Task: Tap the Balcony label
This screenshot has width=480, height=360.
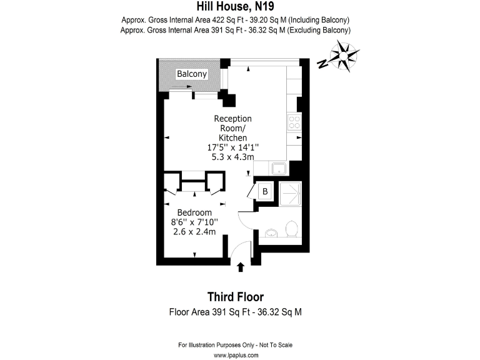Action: pyautogui.click(x=191, y=74)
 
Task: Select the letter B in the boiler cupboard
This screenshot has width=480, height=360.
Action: pyautogui.click(x=264, y=191)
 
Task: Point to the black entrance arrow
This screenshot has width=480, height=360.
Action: pyautogui.click(x=241, y=267)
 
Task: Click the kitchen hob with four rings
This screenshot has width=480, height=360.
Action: pyautogui.click(x=294, y=121)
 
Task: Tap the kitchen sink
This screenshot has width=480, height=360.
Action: pyautogui.click(x=277, y=168)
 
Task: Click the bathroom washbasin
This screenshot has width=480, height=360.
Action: pyautogui.click(x=270, y=234)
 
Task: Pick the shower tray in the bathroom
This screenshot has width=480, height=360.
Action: pyautogui.click(x=289, y=194)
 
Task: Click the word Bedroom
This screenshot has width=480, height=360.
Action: pyautogui.click(x=194, y=212)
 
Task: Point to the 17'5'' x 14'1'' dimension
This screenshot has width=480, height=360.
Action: pyautogui.click(x=232, y=147)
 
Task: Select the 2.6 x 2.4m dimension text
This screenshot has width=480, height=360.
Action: pyautogui.click(x=194, y=232)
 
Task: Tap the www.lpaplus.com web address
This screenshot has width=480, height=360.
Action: pyautogui.click(x=236, y=355)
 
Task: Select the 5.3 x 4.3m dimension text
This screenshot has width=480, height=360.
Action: pyautogui.click(x=232, y=157)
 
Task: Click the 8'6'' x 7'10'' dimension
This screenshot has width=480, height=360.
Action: pyautogui.click(x=194, y=222)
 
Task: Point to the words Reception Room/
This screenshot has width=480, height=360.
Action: pyautogui.click(x=232, y=123)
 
